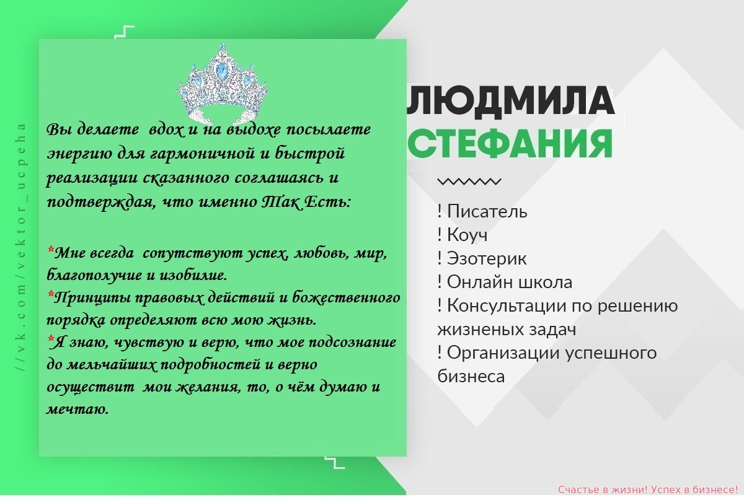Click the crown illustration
point(223,84)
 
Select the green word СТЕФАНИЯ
point(510,144)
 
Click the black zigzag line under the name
point(469,182)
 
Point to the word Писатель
point(487,211)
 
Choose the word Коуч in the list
point(467,235)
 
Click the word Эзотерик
point(487,258)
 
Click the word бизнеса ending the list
point(471,377)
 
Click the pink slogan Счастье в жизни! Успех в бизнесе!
point(648,489)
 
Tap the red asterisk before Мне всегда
point(51,249)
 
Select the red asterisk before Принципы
point(51,294)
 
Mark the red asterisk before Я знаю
point(51,339)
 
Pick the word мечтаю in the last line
point(77,410)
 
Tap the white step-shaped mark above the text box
point(125,32)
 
